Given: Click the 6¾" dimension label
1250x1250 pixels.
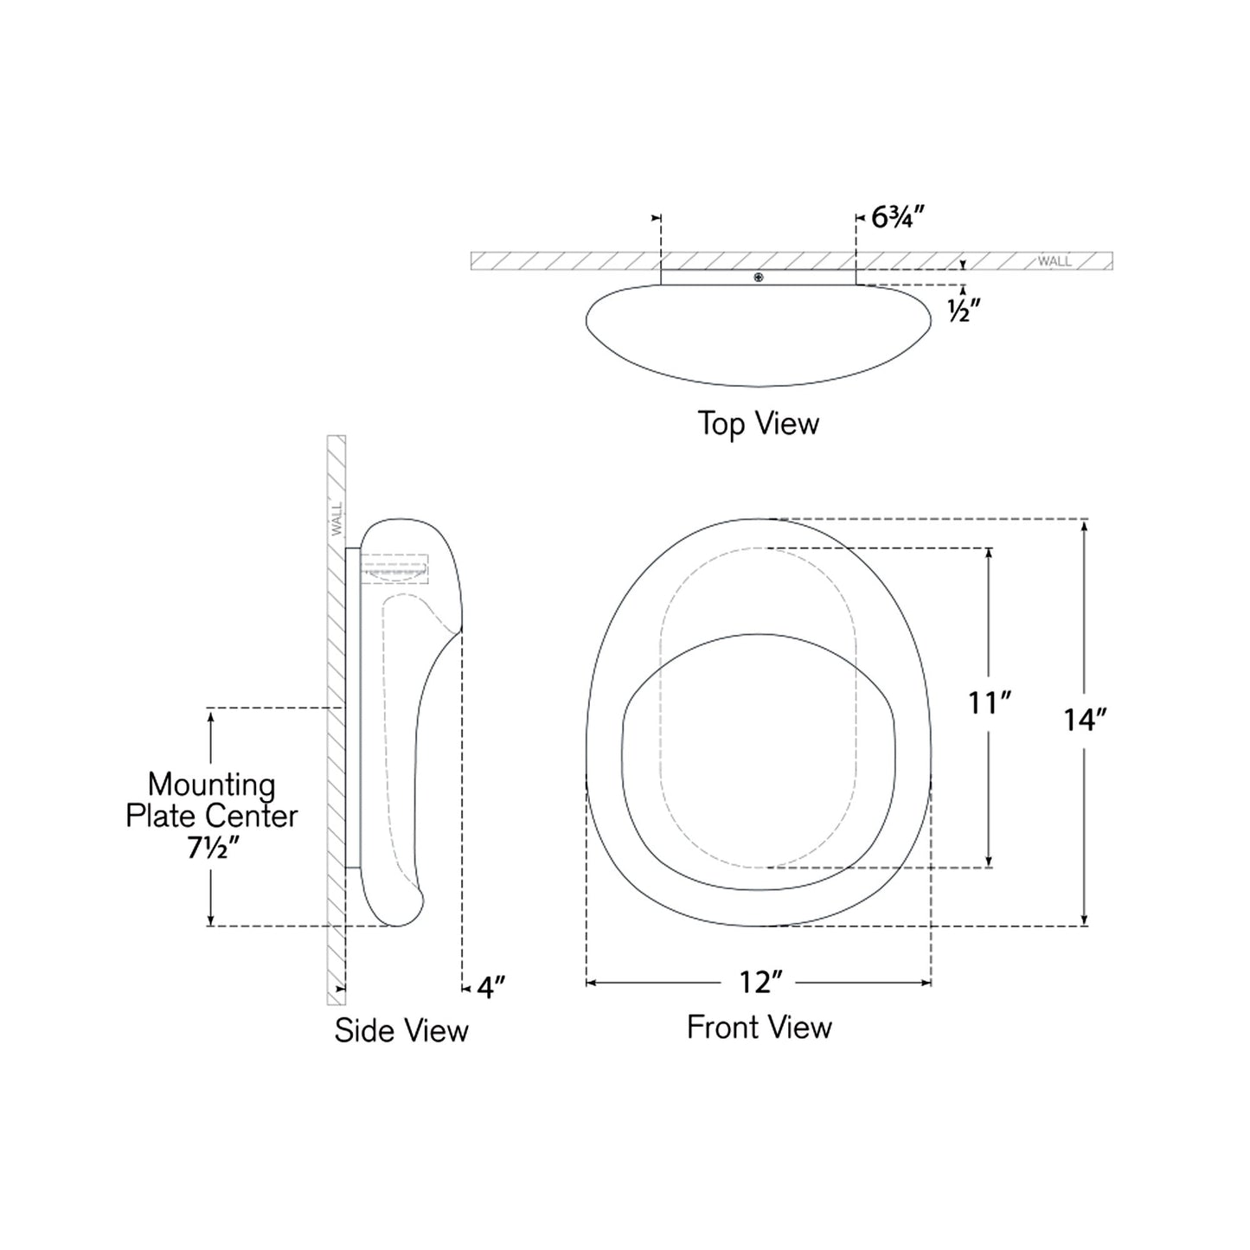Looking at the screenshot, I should (891, 217).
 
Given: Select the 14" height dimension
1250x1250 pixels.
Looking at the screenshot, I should (1085, 720).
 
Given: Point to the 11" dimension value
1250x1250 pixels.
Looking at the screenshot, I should (989, 703).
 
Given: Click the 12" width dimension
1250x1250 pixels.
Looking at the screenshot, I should (760, 983).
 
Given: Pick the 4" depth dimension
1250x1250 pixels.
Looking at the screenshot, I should (490, 987).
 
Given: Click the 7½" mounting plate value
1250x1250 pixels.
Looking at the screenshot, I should (212, 849).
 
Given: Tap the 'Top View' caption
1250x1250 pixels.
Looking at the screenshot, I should (758, 424).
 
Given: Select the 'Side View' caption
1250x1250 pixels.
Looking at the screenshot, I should (401, 1030).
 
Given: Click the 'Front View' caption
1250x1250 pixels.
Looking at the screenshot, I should (759, 1028).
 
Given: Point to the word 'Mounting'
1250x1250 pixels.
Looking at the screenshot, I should (212, 785).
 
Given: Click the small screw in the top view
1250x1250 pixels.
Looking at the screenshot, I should (759, 278).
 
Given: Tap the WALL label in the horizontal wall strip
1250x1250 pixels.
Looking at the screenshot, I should (1054, 261).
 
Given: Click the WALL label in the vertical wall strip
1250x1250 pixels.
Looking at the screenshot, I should (337, 518).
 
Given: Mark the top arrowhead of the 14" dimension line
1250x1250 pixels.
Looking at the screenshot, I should (1085, 524).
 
